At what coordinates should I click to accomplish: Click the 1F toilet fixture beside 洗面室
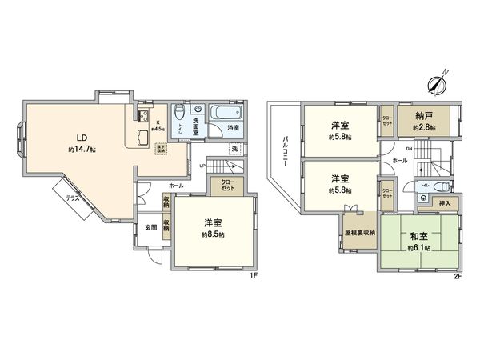coord(181,113)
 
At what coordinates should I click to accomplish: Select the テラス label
coord(72,196)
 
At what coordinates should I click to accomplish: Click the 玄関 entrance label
coord(150,226)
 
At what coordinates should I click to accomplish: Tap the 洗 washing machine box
coord(234,149)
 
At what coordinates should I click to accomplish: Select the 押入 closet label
coord(445,204)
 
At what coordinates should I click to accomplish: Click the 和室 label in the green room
coord(417,237)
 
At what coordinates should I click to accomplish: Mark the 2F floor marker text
coord(458,275)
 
